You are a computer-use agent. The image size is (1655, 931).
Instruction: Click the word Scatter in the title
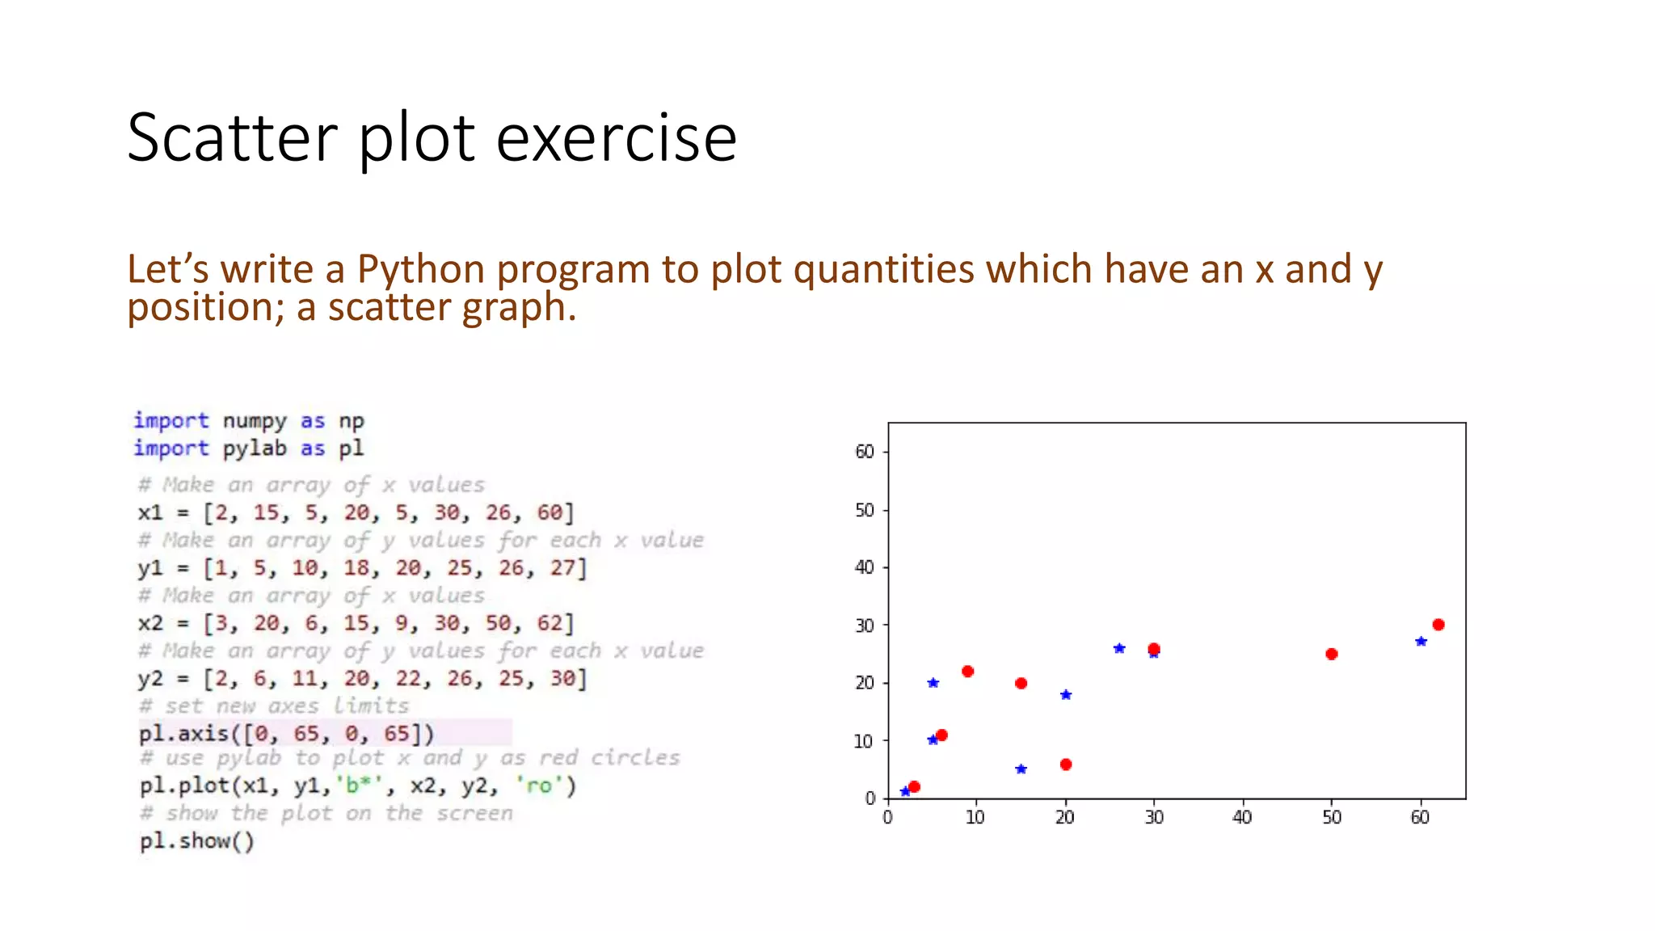[231, 138]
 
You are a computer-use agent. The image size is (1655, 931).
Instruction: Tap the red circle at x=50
[1332, 654]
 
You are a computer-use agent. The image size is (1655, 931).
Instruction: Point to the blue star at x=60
[1421, 642]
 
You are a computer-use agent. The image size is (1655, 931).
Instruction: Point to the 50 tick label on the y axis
[864, 511]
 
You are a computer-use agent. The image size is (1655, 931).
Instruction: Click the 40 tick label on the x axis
[1242, 818]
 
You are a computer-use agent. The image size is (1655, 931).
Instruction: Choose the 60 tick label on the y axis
[864, 452]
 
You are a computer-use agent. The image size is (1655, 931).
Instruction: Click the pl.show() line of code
[196, 841]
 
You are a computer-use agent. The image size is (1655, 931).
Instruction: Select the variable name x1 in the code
[150, 513]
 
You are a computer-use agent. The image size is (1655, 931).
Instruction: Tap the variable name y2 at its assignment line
[150, 679]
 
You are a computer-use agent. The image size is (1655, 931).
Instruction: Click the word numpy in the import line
[255, 421]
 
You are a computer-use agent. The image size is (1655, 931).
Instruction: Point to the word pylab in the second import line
[255, 449]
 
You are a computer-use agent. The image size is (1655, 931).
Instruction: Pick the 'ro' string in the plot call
[539, 786]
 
